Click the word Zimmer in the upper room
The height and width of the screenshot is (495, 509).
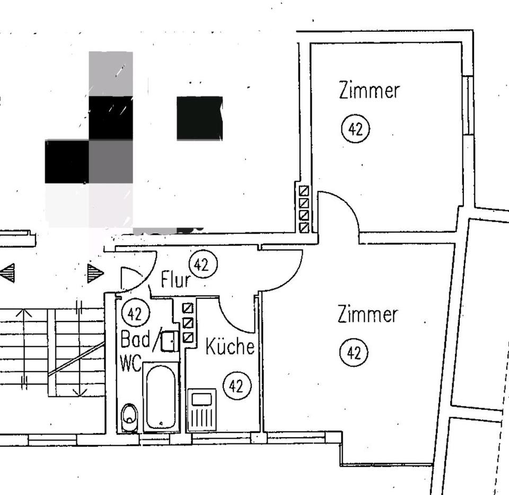pyautogui.click(x=369, y=90)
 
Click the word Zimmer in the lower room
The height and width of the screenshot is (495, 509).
pyautogui.click(x=367, y=315)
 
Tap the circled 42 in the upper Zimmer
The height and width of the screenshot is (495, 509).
pyautogui.click(x=355, y=129)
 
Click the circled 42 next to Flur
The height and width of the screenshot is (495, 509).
pyautogui.click(x=203, y=265)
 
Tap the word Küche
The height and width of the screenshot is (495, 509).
pyautogui.click(x=230, y=347)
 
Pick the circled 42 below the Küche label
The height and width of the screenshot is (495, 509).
pyautogui.click(x=236, y=386)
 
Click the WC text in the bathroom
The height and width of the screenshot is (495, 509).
pyautogui.click(x=130, y=363)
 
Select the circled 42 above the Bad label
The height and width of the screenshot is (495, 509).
pyautogui.click(x=135, y=314)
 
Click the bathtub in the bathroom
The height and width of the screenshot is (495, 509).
pyautogui.click(x=161, y=396)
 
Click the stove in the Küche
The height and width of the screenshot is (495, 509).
pyautogui.click(x=202, y=410)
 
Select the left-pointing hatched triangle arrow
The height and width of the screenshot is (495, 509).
pyautogui.click(x=8, y=273)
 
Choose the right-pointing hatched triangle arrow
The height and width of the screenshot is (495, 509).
pyautogui.click(x=95, y=273)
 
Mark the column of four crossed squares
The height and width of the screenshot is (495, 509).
pyautogui.click(x=304, y=209)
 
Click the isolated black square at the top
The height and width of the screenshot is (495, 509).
pyautogui.click(x=199, y=118)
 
